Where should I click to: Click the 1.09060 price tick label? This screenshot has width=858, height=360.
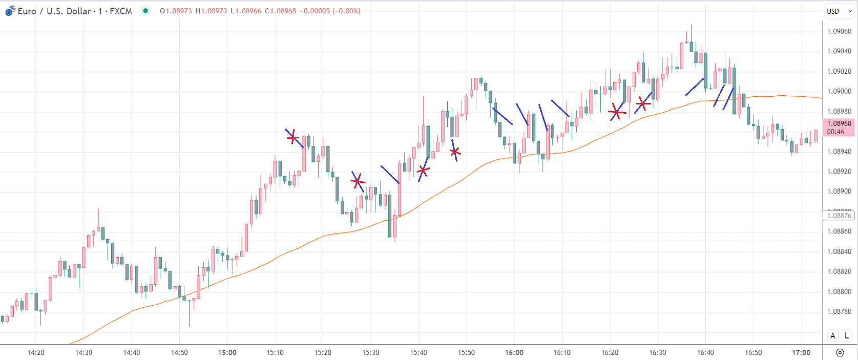point(839,31)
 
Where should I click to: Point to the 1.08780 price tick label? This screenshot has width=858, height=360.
point(839,311)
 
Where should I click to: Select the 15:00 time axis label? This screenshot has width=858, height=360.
point(227,352)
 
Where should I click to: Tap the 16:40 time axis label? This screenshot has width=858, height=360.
point(705,352)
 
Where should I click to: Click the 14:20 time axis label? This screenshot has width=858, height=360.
point(36,352)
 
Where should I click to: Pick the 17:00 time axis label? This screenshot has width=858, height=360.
point(801,352)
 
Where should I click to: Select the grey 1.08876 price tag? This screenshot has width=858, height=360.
point(839,216)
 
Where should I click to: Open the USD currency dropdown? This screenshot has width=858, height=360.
point(839,11)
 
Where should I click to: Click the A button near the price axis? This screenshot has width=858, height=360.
point(833,336)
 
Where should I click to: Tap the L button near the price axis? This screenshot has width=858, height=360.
point(846,336)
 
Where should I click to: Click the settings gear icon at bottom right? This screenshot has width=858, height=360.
point(840,352)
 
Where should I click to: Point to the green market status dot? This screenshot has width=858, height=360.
point(146,11)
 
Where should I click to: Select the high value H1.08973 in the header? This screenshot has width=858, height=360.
point(211,11)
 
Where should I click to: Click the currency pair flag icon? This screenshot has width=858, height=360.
point(10,11)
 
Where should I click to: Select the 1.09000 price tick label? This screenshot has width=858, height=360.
point(839,91)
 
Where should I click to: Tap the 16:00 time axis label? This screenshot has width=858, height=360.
point(514,352)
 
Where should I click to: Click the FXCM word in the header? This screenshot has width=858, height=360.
point(120,11)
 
